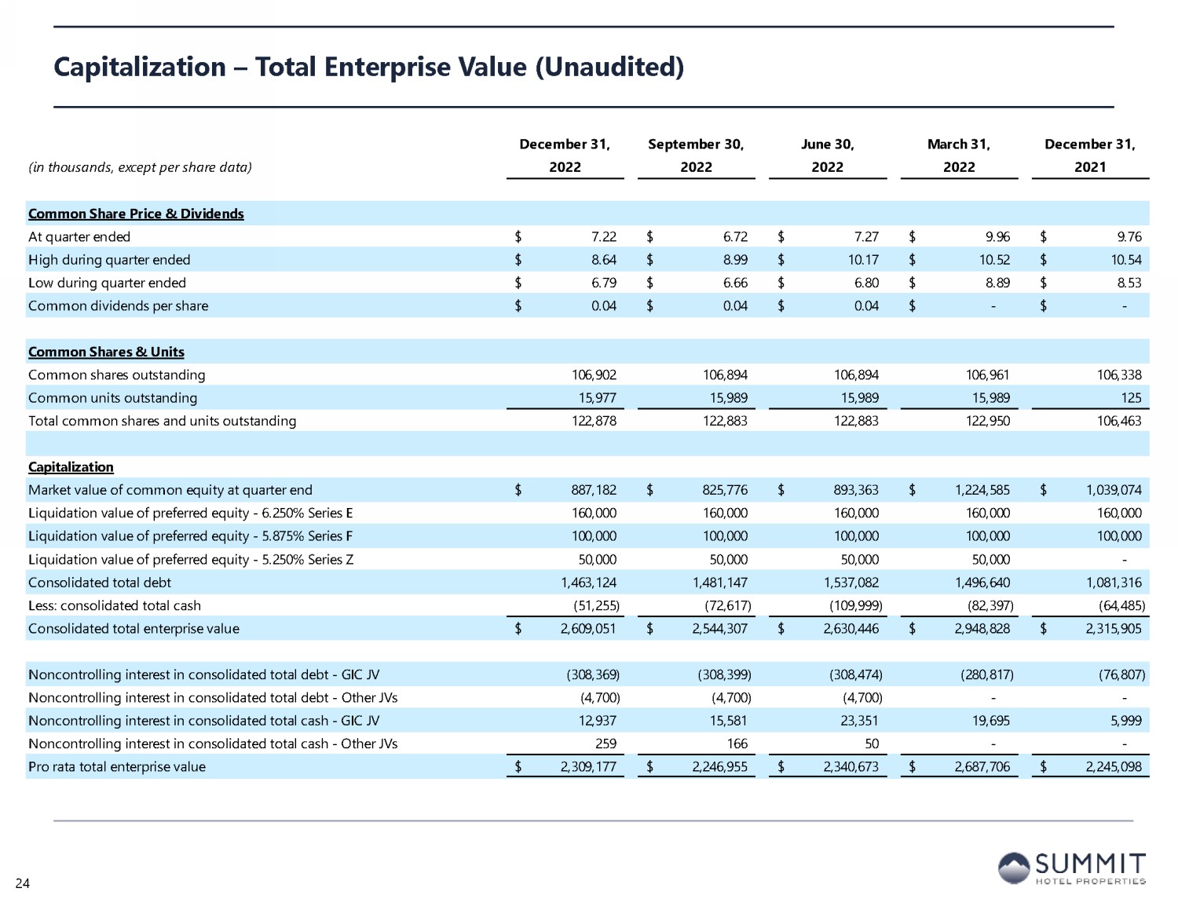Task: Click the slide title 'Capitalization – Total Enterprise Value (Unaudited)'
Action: [x=368, y=67]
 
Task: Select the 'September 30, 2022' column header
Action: [x=696, y=155]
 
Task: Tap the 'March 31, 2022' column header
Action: [x=958, y=155]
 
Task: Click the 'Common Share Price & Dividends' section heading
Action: [x=136, y=214]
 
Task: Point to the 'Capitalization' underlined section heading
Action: [x=71, y=467]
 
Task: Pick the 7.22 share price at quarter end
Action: [x=603, y=236]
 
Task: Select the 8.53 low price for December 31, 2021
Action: [x=1129, y=283]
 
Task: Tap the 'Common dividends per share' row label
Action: [x=118, y=306]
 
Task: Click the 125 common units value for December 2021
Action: [x=1131, y=398]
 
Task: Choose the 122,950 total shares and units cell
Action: [x=987, y=421]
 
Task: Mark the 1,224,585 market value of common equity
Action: [x=982, y=490]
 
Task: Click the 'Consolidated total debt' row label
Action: [x=99, y=583]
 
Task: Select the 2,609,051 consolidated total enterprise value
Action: [x=588, y=629]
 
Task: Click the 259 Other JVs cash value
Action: [x=605, y=744]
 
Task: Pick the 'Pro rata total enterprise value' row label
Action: [x=116, y=767]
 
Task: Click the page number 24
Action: [x=22, y=883]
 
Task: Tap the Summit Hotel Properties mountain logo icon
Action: [x=1013, y=868]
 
